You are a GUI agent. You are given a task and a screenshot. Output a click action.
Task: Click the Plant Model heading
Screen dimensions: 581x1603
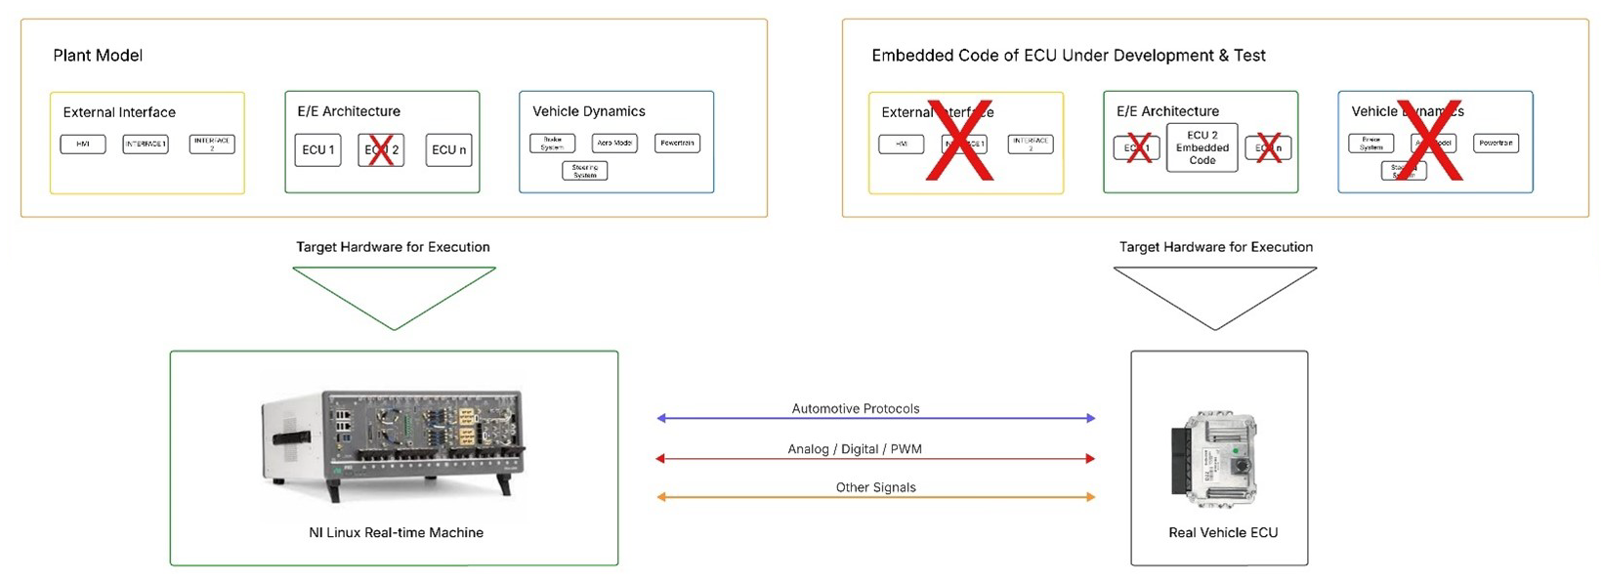coord(98,56)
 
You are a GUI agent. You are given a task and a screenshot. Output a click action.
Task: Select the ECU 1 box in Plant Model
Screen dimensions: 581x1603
coord(317,150)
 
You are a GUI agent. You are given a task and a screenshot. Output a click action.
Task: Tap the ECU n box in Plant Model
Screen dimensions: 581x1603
coord(448,150)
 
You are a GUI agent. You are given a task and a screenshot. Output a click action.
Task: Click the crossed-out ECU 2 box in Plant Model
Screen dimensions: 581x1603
coord(381,150)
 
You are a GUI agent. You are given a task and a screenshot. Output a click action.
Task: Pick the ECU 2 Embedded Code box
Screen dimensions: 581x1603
coord(1202,147)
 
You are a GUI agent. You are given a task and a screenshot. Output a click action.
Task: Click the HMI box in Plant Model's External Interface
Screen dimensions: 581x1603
coord(83,145)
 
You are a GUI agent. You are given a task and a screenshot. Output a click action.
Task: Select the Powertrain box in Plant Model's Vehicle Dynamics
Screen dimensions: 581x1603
coord(677,144)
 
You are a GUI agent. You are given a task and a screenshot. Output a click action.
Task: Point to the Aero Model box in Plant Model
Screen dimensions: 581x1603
coord(614,144)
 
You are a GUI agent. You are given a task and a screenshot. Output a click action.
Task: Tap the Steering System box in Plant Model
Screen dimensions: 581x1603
coord(584,171)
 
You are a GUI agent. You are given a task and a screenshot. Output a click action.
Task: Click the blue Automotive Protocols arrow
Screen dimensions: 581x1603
coord(875,418)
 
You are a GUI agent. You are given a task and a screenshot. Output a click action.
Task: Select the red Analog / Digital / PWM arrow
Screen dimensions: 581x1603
coord(875,458)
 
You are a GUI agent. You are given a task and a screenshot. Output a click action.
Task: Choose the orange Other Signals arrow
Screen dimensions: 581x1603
coord(875,497)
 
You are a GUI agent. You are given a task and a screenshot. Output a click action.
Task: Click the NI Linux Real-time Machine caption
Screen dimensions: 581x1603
coord(396,532)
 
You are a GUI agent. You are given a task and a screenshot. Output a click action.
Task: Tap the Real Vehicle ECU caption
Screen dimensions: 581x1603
coord(1222,532)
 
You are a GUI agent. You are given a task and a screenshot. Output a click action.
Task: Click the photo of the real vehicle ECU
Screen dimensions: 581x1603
coord(1214,459)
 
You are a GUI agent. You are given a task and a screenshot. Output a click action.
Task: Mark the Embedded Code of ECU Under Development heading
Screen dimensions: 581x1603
coord(1068,56)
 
